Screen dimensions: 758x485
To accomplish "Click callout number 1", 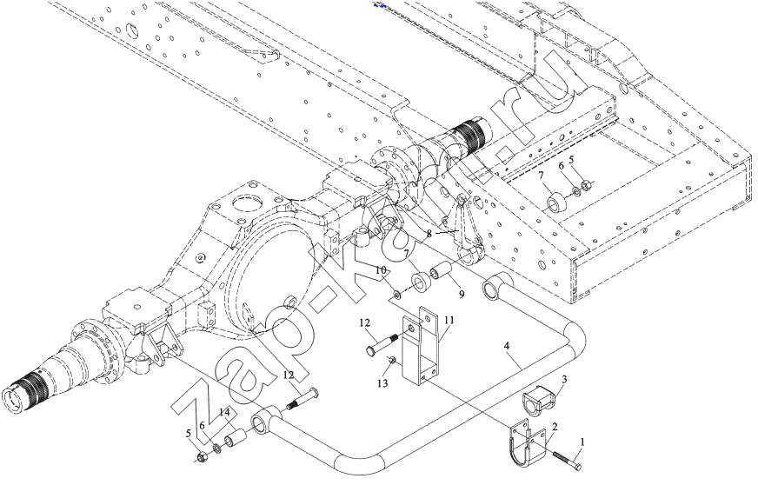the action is (582, 442).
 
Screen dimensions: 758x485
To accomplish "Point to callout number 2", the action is (555, 427).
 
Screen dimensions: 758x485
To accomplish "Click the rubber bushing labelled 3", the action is (539, 401).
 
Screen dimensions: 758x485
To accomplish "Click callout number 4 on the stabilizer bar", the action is (506, 346).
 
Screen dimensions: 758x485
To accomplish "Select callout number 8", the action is (429, 234).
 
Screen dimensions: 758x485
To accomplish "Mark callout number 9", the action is (462, 294).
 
